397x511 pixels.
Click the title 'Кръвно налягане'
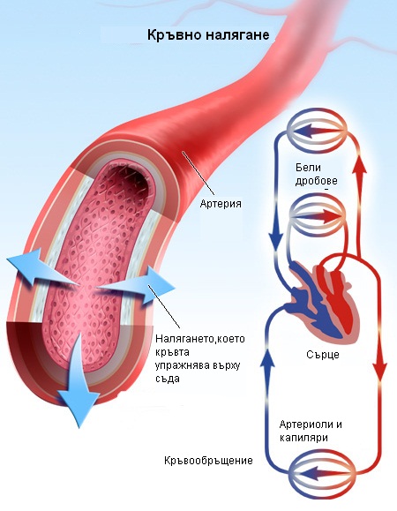click(x=208, y=35)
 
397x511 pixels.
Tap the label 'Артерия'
click(x=221, y=204)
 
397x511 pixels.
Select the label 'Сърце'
click(x=322, y=355)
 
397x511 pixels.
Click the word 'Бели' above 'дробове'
click(x=308, y=168)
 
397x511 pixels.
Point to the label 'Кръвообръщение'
click(x=208, y=461)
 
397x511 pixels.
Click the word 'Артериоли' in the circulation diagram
click(x=306, y=425)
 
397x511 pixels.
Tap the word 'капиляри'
click(x=303, y=438)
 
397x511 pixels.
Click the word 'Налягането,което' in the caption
click(x=200, y=339)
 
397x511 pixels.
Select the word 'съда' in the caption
click(x=168, y=379)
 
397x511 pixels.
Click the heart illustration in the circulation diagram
click(x=321, y=301)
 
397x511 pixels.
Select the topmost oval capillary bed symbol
click(x=318, y=132)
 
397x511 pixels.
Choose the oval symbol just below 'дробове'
click(x=318, y=215)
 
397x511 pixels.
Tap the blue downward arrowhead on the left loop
click(x=275, y=239)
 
